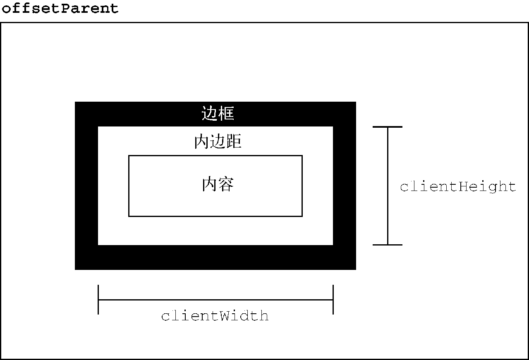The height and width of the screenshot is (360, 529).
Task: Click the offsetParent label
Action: click(60, 9)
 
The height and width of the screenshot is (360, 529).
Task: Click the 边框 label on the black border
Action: click(218, 113)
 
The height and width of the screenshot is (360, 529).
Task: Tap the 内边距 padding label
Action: click(218, 141)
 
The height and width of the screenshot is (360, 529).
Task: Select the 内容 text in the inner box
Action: click(218, 184)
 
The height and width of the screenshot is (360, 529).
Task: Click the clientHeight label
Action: click(458, 187)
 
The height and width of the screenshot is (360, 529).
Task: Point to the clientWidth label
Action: click(215, 316)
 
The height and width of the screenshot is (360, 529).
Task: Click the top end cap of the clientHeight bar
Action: click(388, 127)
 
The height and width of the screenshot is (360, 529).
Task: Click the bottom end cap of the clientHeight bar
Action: click(388, 245)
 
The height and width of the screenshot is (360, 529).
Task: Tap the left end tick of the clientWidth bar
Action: click(98, 300)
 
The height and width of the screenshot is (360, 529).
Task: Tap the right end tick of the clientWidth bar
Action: click(333, 300)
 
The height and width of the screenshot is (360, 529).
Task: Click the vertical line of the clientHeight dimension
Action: click(388, 186)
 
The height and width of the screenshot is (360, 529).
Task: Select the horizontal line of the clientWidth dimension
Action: click(215, 300)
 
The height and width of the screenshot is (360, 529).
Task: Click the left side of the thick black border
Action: click(86, 186)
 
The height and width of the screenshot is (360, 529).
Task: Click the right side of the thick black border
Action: click(345, 186)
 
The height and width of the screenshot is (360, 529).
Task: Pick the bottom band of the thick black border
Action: click(215, 257)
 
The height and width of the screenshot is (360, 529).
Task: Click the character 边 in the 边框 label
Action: click(209, 113)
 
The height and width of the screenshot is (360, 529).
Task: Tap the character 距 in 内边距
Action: click(234, 141)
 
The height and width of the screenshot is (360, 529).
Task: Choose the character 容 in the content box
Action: click(226, 184)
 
